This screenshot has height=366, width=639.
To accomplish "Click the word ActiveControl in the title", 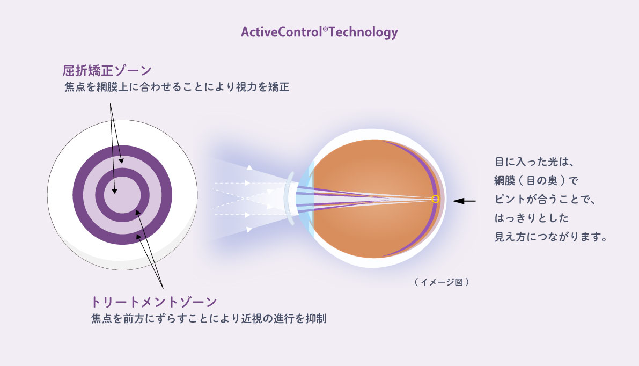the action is [282, 32].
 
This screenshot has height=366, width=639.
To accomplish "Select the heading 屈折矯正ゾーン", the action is [107, 70].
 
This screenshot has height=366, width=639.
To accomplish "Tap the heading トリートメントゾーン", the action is [153, 302].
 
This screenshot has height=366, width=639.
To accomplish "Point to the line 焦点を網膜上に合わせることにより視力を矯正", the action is [177, 87].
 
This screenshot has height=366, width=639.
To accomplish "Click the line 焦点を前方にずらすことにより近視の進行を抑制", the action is [209, 318].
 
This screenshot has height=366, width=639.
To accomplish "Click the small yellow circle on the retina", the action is [435, 199].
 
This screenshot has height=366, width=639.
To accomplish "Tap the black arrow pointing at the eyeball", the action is [464, 201].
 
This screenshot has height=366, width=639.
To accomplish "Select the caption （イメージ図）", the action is [442, 282].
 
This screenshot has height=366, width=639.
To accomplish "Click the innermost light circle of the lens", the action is [122, 195].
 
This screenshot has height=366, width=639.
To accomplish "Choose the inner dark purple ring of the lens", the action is [122, 172].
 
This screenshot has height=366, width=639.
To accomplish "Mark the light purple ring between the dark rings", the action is [122, 162].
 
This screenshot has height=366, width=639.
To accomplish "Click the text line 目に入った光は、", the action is [534, 162].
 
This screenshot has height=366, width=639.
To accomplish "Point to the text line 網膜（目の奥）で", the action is [536, 180].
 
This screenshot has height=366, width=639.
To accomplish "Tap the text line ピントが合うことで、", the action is [545, 199].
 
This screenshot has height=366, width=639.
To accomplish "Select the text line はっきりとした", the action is [531, 218].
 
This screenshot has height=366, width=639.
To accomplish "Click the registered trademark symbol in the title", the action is [325, 29].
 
